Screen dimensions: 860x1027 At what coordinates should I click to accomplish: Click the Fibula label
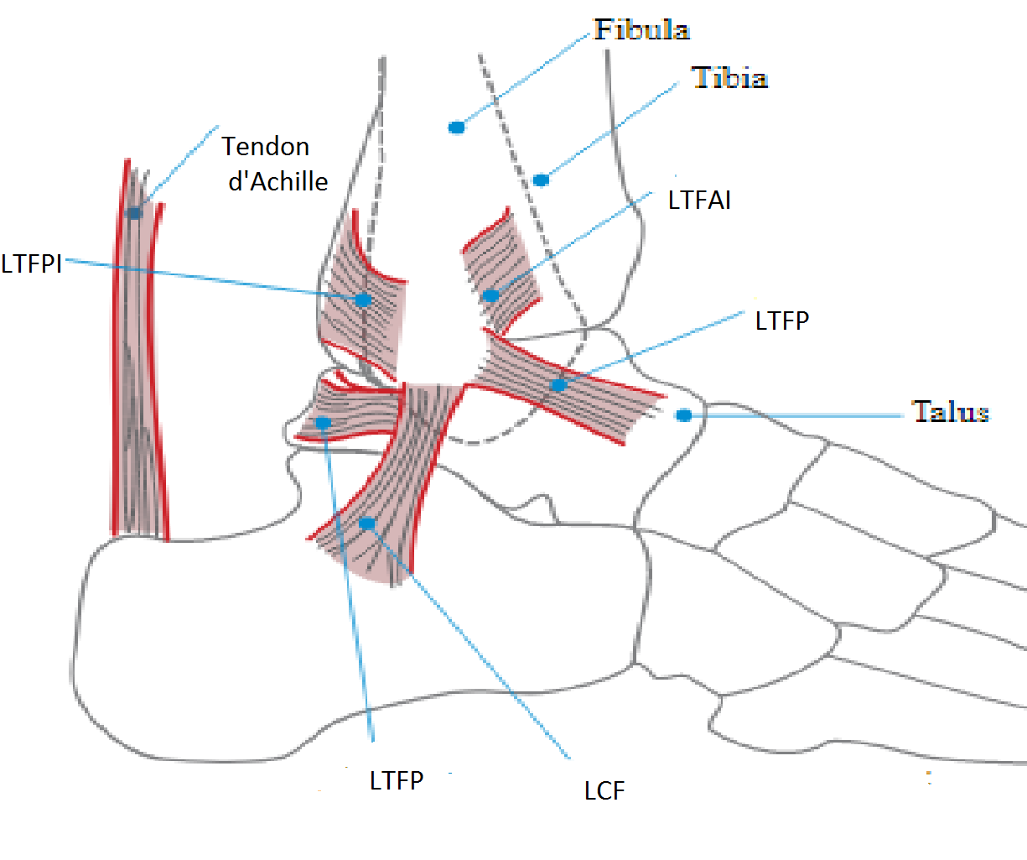(x=641, y=30)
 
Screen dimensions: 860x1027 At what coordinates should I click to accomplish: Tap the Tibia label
(x=729, y=78)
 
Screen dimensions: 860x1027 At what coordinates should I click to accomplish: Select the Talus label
(x=950, y=412)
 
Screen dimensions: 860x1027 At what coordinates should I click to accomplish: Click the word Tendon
(x=266, y=147)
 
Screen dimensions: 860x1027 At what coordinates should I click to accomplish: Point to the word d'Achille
(x=278, y=181)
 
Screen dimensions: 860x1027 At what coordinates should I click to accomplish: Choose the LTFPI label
(x=32, y=263)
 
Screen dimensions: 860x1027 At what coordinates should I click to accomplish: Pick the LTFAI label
(x=699, y=201)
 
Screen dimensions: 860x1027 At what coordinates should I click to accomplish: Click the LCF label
(x=604, y=790)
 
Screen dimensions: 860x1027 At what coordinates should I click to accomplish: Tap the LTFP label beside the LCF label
(x=397, y=781)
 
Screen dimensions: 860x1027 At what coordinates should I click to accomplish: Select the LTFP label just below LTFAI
(x=781, y=321)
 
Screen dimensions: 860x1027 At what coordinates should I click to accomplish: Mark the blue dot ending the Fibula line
(x=456, y=128)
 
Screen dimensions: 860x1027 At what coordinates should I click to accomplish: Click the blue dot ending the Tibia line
(x=541, y=180)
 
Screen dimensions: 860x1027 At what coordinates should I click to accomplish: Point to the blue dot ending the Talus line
(x=684, y=415)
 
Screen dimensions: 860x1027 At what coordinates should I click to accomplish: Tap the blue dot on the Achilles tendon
(x=134, y=213)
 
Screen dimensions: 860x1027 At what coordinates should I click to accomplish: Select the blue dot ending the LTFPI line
(x=363, y=300)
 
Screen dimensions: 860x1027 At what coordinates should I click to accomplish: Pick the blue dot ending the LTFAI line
(x=490, y=295)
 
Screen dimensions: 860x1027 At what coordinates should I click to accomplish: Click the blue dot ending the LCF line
(x=366, y=524)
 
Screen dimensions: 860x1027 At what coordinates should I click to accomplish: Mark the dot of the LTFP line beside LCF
(x=324, y=423)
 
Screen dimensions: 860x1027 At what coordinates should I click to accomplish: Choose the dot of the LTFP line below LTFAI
(x=558, y=385)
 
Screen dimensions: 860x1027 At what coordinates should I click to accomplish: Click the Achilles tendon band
(x=138, y=378)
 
